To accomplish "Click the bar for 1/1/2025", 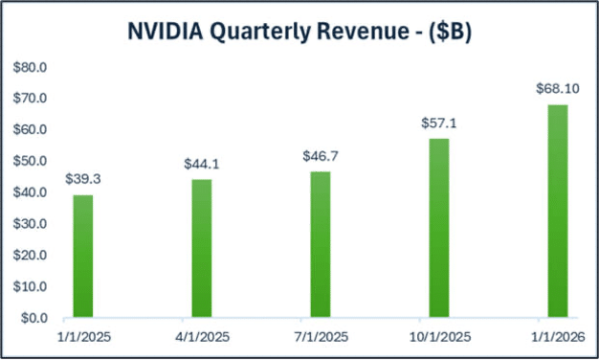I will (x=83, y=256).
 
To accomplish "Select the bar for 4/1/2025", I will (x=201, y=248).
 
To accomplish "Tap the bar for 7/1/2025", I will (x=320, y=244).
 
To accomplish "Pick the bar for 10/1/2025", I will (x=438, y=228).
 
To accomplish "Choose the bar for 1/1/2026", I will (x=557, y=211).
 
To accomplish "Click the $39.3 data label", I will (x=83, y=179).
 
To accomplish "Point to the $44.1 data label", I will (x=201, y=164).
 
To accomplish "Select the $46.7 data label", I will (x=320, y=155).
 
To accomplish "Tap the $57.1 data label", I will (x=438, y=124).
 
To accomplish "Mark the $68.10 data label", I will (x=557, y=88).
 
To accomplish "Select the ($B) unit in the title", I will (x=450, y=32).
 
